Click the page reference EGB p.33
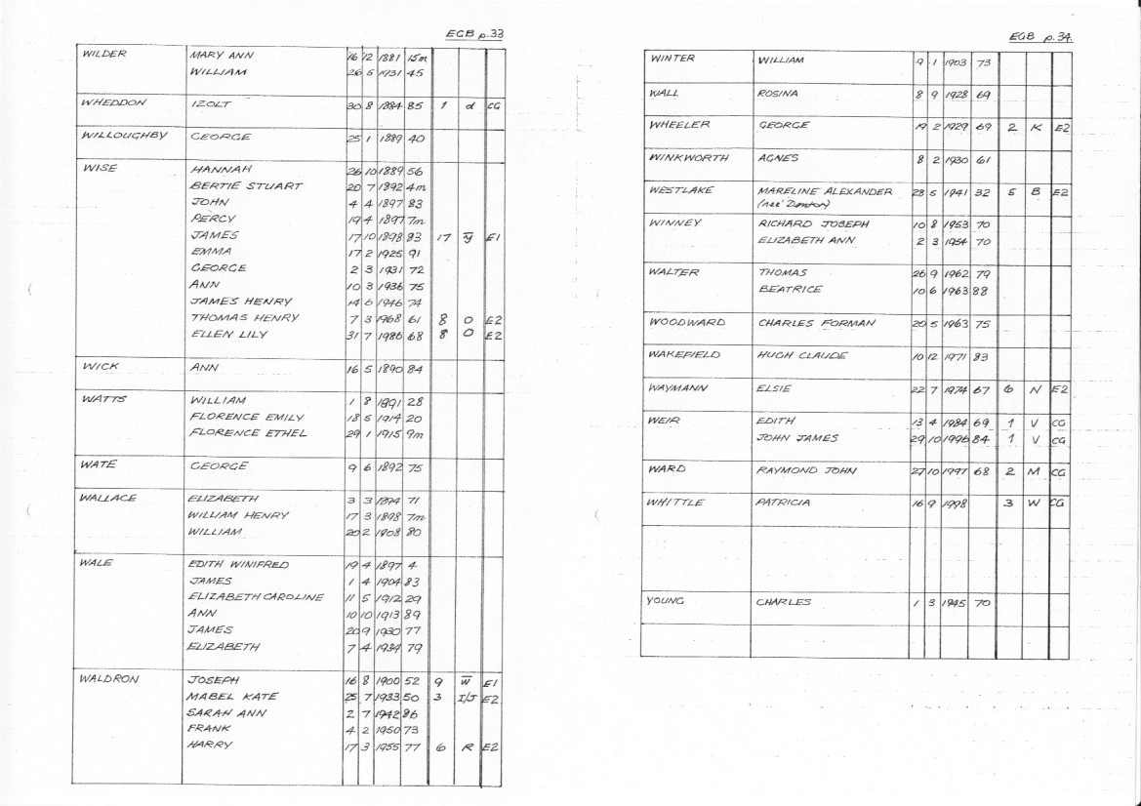pyautogui.click(x=474, y=34)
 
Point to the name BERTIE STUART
pyautogui.click(x=246, y=186)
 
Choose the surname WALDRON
pyautogui.click(x=107, y=678)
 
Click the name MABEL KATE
pyautogui.click(x=232, y=696)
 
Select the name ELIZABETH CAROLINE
pyautogui.click(x=255, y=597)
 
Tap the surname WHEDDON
pyautogui.click(x=109, y=101)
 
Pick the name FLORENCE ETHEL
pyautogui.click(x=248, y=433)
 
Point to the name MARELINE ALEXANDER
pyautogui.click(x=825, y=191)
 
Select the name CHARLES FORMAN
pyautogui.click(x=816, y=322)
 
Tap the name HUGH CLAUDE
pyautogui.click(x=801, y=355)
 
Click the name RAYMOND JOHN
pyautogui.click(x=806, y=470)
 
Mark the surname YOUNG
pyautogui.click(x=668, y=601)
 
